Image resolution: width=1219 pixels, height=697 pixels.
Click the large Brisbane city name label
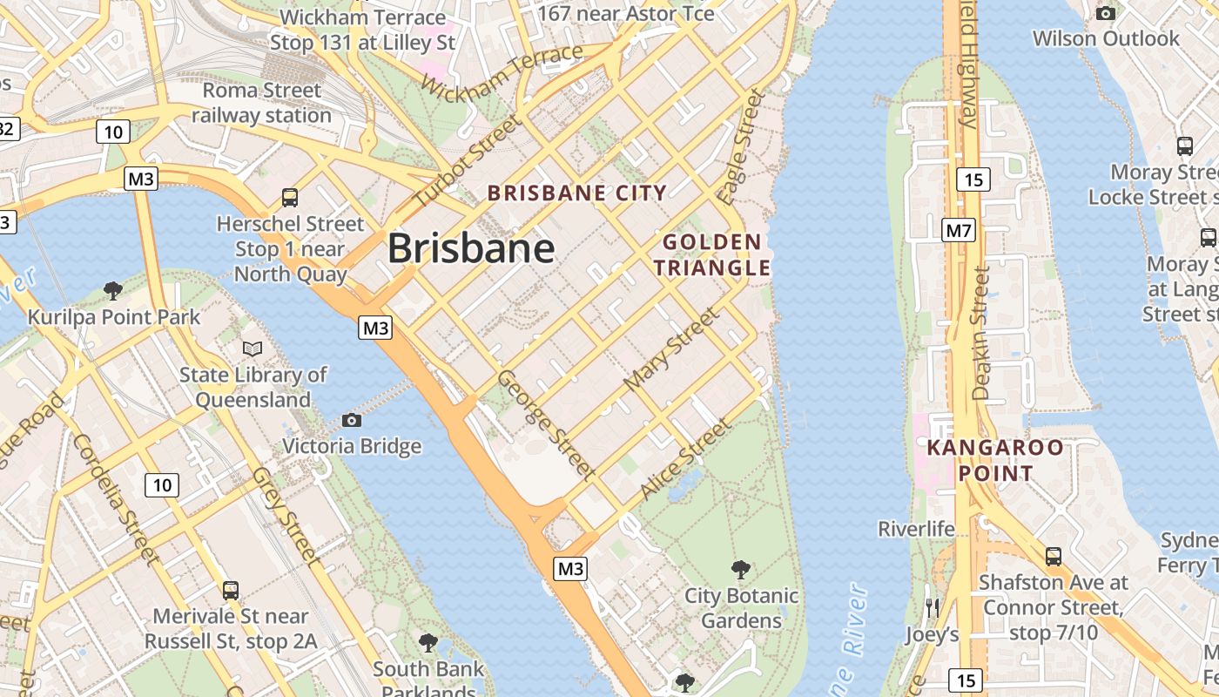[x=471, y=248]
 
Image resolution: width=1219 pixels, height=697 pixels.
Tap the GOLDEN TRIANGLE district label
[x=712, y=254]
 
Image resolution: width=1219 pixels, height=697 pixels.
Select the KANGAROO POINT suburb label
[x=995, y=461]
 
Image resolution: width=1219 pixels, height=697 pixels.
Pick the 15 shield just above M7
[x=973, y=179]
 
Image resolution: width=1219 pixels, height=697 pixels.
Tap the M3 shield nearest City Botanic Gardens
[x=570, y=569]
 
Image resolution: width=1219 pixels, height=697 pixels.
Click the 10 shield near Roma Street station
[x=113, y=132]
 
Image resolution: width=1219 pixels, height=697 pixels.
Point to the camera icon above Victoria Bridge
[x=351, y=421]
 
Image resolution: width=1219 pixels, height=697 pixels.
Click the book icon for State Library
[x=253, y=349]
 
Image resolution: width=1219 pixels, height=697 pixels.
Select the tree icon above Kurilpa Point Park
[x=112, y=290]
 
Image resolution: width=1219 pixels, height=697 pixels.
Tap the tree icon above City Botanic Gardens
[x=741, y=570]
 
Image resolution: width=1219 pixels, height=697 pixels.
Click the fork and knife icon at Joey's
[x=933, y=607]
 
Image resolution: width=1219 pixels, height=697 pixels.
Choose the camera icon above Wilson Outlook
[x=1106, y=13]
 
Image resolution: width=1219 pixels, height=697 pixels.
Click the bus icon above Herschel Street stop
[x=290, y=198]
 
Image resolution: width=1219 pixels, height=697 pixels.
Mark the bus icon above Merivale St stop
[x=231, y=590]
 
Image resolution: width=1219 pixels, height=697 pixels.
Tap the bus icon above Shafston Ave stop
[x=1054, y=556]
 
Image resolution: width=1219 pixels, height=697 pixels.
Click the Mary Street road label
[x=671, y=348]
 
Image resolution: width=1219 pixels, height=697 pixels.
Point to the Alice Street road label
[x=684, y=458]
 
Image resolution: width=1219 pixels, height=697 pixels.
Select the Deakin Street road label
[x=982, y=333]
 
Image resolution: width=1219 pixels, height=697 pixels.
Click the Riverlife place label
[x=916, y=529]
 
